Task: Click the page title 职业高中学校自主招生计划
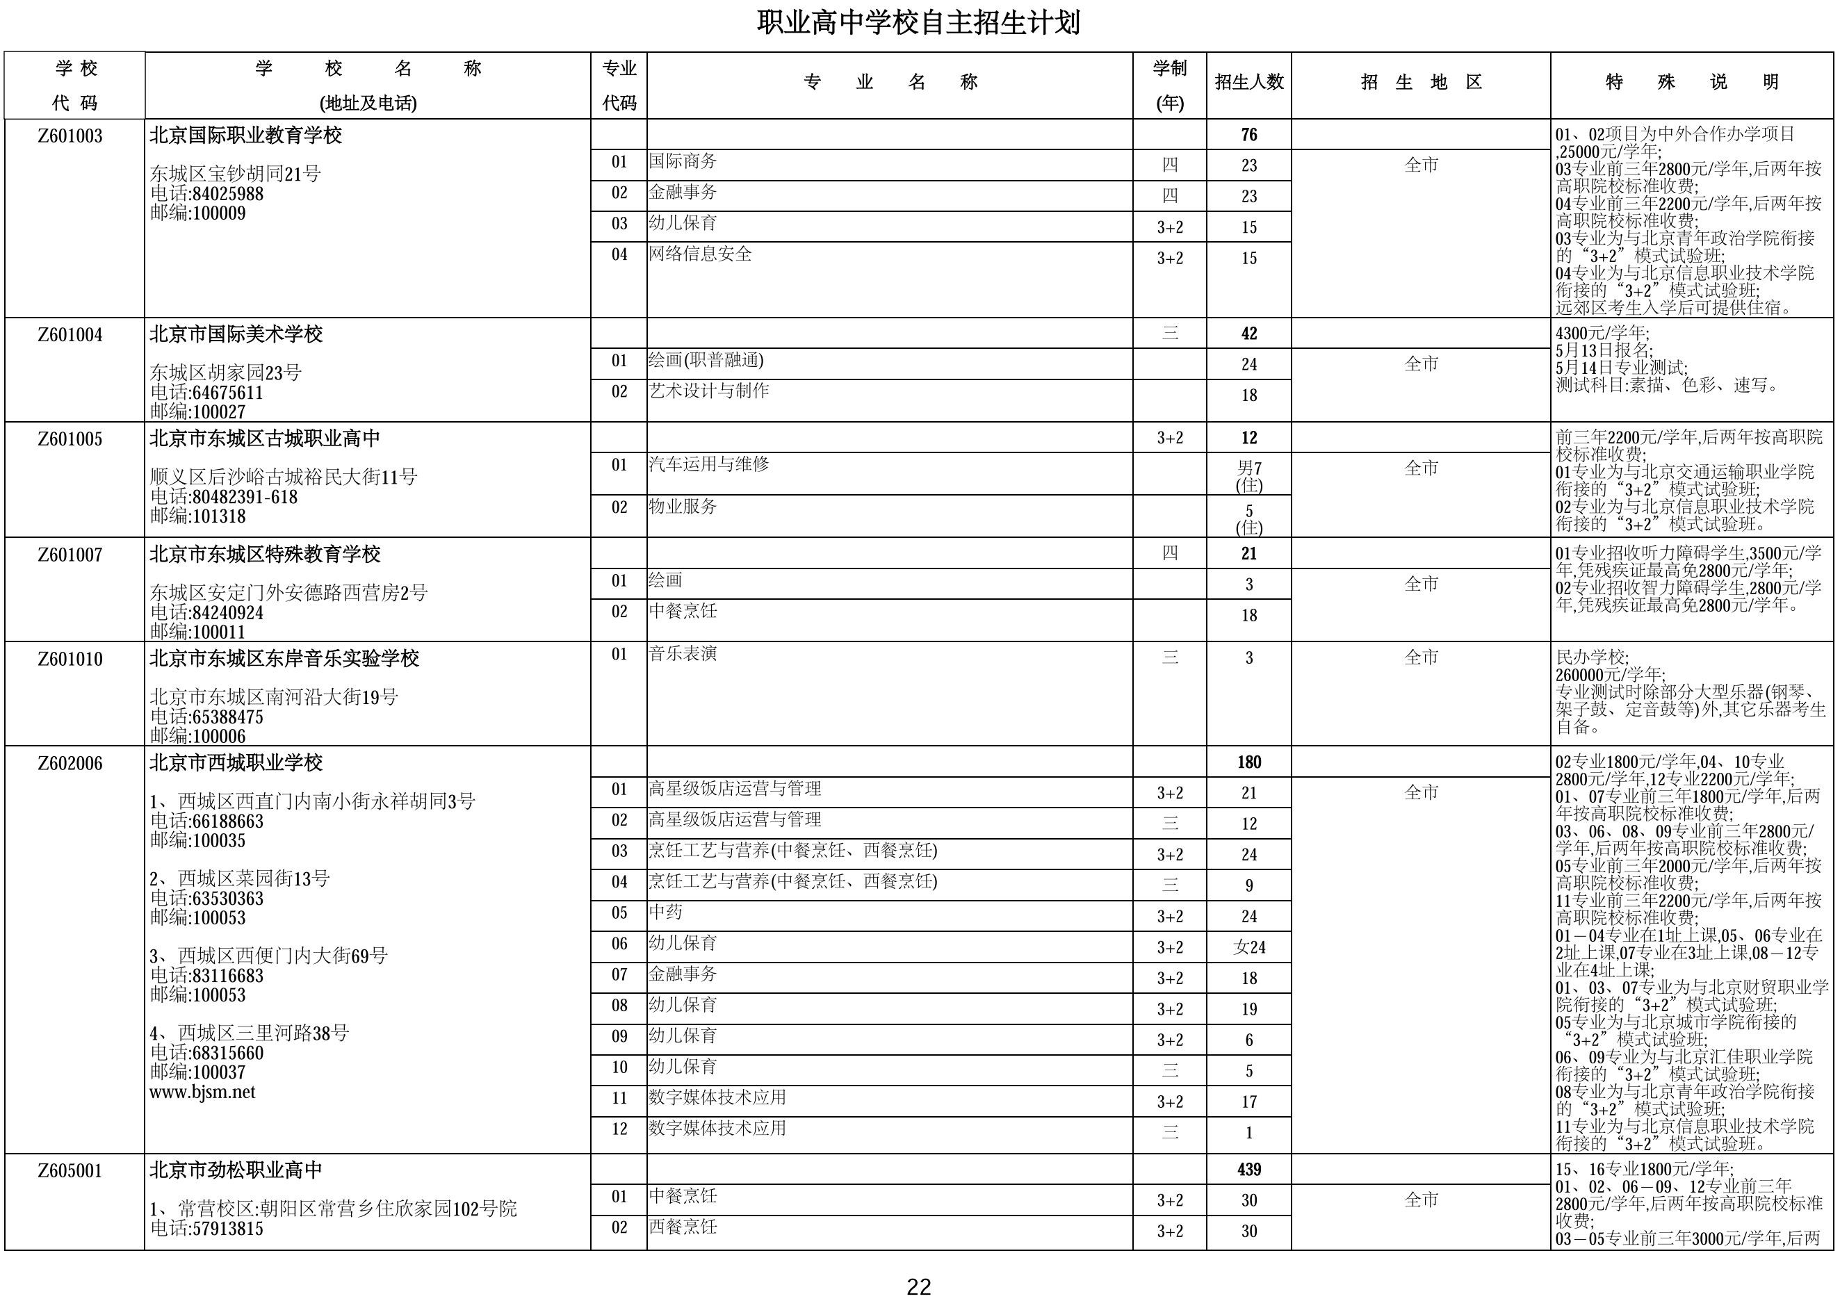click(918, 22)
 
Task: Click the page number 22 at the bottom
click(918, 1286)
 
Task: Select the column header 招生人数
click(1248, 82)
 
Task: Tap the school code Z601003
click(70, 136)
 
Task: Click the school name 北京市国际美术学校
click(236, 334)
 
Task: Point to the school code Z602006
click(70, 762)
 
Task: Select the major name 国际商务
click(683, 162)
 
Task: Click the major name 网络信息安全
click(701, 254)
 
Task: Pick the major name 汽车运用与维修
click(708, 464)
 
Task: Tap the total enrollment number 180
click(1248, 762)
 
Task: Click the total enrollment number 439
click(1248, 1170)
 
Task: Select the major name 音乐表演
click(683, 654)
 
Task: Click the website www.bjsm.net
click(203, 1092)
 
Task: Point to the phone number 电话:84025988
click(206, 194)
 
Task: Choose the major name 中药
click(666, 913)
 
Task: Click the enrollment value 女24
click(1248, 948)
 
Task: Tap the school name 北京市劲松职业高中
click(236, 1170)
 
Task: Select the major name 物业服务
click(683, 507)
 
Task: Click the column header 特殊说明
click(1691, 82)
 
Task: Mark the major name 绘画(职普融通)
click(706, 361)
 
